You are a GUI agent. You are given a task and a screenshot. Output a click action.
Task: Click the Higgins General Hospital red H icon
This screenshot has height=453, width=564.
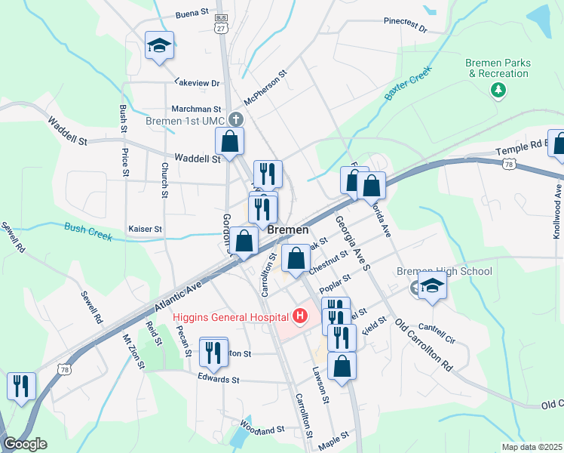point(300,316)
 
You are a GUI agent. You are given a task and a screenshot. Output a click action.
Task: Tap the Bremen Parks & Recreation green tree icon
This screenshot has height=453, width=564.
point(498,91)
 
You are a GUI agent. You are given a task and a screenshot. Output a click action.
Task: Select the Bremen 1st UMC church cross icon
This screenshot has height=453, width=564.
point(236,119)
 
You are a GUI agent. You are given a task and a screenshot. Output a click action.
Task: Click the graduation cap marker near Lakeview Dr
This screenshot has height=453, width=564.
point(159,46)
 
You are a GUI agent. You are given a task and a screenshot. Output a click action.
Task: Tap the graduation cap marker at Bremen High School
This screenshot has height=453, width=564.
point(432,285)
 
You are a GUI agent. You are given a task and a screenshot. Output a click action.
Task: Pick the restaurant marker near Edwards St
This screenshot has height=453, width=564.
point(213,352)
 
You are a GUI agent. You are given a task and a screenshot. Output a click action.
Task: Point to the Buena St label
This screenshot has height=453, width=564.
point(192,14)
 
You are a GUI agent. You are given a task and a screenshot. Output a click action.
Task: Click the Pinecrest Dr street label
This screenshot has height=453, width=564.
point(405,26)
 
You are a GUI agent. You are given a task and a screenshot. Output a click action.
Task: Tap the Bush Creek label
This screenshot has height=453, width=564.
point(88,231)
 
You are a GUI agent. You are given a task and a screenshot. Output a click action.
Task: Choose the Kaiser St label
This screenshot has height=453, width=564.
point(146,228)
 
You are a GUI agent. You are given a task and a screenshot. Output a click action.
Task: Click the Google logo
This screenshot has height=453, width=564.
point(24,444)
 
